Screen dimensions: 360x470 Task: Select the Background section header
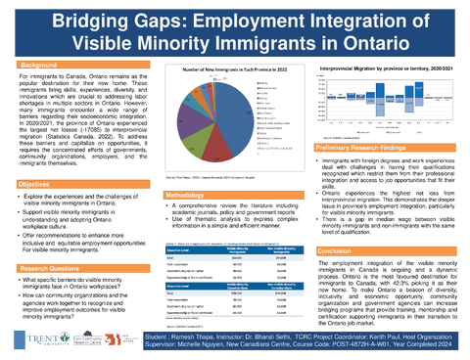point(39,66)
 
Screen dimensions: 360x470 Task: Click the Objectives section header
point(37,185)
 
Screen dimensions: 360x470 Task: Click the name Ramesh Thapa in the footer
point(192,335)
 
